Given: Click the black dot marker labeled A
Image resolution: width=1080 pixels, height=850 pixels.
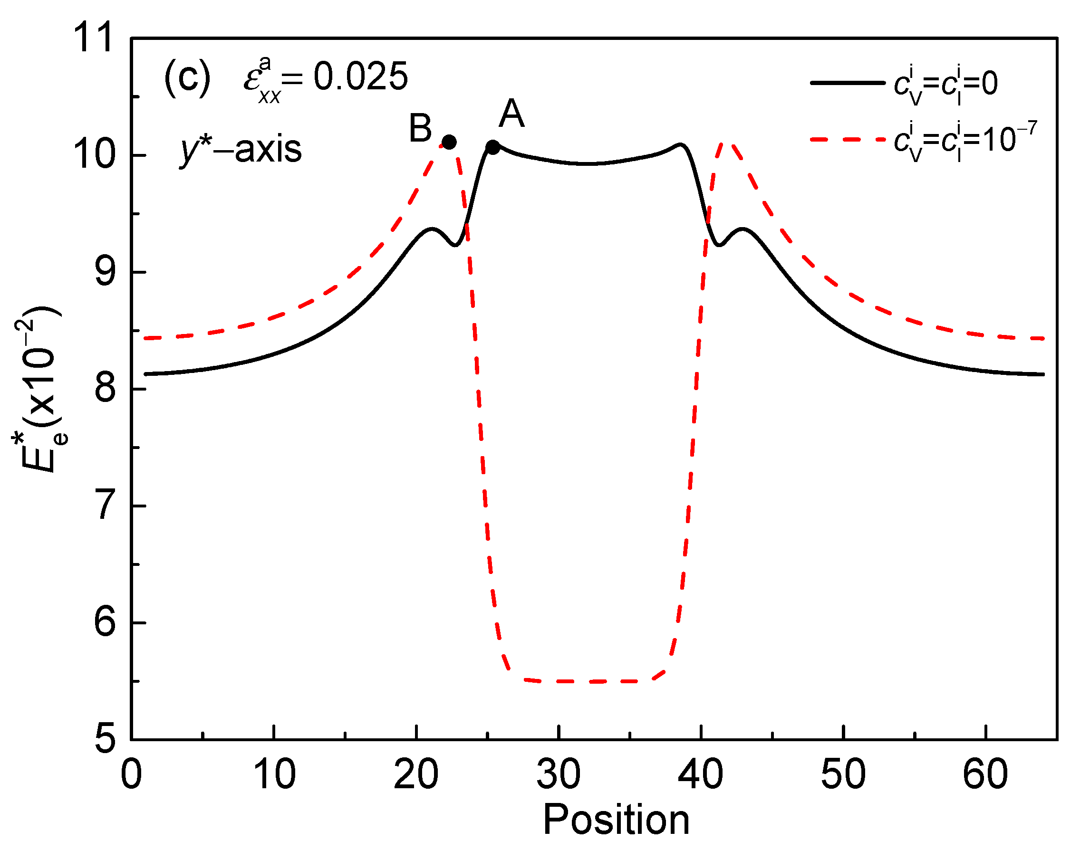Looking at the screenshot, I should (x=492, y=147).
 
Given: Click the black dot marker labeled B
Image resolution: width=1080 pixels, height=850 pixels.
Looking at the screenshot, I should (x=449, y=143).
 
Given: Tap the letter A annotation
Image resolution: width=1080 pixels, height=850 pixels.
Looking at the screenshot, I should (x=511, y=114).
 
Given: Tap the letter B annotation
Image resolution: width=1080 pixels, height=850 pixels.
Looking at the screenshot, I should (x=420, y=128).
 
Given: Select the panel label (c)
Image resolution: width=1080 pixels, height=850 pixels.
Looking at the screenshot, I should (x=187, y=78).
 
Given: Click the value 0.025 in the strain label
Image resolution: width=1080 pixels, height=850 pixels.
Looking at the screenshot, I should (x=360, y=77).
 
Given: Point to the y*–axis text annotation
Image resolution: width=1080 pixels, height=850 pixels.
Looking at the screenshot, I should (x=241, y=150).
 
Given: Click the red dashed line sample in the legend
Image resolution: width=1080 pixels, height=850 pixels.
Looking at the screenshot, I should (x=848, y=140).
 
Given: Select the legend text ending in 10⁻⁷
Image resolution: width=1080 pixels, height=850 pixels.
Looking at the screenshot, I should (x=965, y=141).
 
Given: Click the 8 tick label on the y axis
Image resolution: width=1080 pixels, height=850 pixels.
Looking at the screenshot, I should (x=105, y=389).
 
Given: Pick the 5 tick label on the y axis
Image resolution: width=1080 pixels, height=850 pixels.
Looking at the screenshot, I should (x=105, y=738).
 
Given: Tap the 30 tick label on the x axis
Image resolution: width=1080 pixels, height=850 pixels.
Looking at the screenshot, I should (x=559, y=775).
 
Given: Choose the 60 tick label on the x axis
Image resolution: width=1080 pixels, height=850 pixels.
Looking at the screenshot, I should (x=985, y=775).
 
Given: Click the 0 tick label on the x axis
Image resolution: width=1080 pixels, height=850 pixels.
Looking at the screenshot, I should (x=132, y=775).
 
